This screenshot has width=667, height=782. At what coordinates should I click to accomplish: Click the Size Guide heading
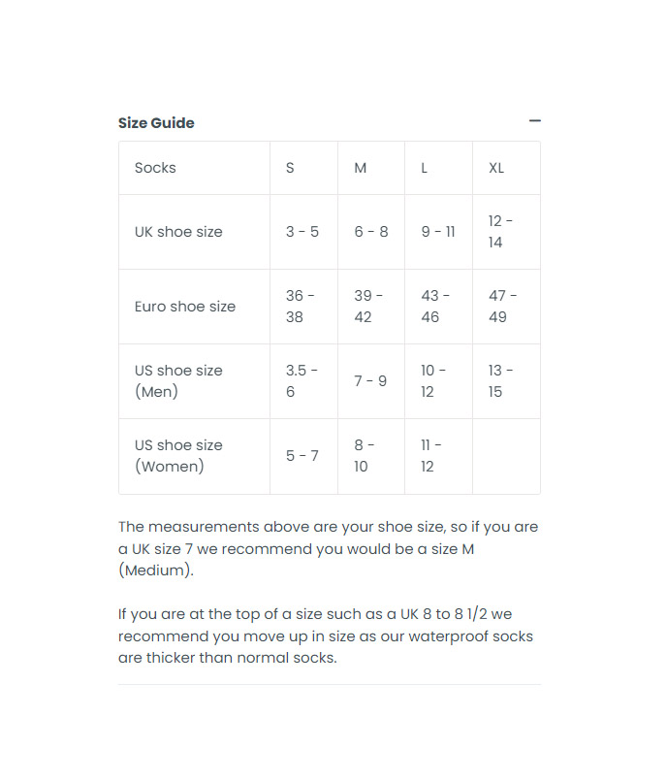click(156, 123)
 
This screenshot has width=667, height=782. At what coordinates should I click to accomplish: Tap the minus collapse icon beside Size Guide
click(534, 121)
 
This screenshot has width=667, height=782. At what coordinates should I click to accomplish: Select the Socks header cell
click(155, 168)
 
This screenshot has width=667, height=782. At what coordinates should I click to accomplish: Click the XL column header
click(496, 168)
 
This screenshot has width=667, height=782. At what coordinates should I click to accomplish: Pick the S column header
click(290, 168)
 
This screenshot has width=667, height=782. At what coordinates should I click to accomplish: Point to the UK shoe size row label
click(178, 232)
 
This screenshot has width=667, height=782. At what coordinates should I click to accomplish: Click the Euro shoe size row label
click(185, 307)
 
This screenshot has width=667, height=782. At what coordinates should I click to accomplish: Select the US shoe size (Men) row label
click(178, 381)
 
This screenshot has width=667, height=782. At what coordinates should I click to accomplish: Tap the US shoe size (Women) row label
click(178, 456)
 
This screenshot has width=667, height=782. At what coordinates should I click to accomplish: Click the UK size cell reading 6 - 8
click(371, 232)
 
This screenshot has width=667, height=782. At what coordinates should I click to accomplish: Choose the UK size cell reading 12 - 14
click(500, 232)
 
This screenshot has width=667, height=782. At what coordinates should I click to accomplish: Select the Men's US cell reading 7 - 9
click(370, 381)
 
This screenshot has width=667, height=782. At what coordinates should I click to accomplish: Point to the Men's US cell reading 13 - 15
click(501, 381)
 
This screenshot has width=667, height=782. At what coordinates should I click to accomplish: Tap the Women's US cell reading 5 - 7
click(302, 456)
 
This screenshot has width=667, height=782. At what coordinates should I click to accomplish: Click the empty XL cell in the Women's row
click(506, 456)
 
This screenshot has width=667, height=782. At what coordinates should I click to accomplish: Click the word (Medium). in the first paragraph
click(156, 570)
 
